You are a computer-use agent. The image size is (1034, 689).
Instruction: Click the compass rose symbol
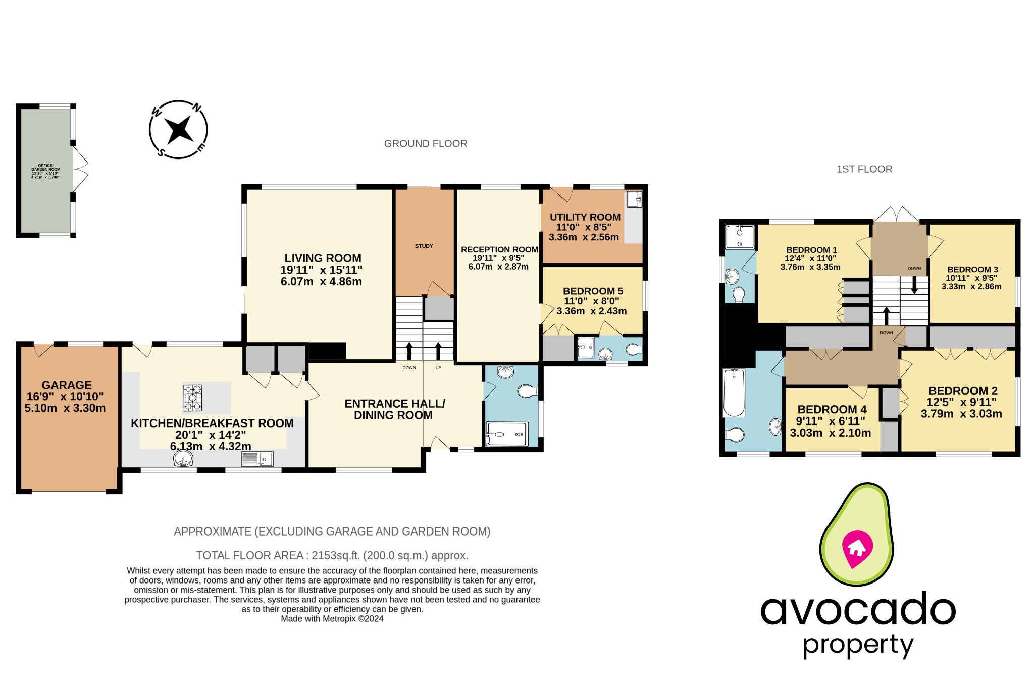[178, 130]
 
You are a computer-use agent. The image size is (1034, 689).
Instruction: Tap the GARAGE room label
[67, 385]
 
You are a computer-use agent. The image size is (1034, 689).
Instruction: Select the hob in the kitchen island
[192, 398]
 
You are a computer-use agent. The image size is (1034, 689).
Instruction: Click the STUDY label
[424, 246]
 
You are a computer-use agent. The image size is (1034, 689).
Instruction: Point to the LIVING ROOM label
[323, 258]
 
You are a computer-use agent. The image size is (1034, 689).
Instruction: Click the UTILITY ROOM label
[585, 218]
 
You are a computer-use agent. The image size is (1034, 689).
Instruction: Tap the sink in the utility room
[634, 200]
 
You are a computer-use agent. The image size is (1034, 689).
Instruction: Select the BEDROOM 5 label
[593, 291]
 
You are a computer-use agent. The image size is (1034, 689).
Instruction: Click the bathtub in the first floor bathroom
[734, 393]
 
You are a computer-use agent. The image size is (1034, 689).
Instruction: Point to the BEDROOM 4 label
[832, 409]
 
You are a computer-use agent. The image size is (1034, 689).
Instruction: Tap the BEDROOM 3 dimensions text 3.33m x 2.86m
[971, 287]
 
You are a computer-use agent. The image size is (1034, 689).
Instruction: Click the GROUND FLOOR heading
[426, 144]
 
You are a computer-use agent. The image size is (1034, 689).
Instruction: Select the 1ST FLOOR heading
[864, 169]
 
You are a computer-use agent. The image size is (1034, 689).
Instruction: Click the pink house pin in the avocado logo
[857, 548]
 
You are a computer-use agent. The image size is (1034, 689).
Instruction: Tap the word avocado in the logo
[858, 610]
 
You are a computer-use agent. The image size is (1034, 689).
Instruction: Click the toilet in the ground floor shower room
[527, 391]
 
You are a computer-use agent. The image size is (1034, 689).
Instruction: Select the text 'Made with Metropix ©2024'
[332, 619]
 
